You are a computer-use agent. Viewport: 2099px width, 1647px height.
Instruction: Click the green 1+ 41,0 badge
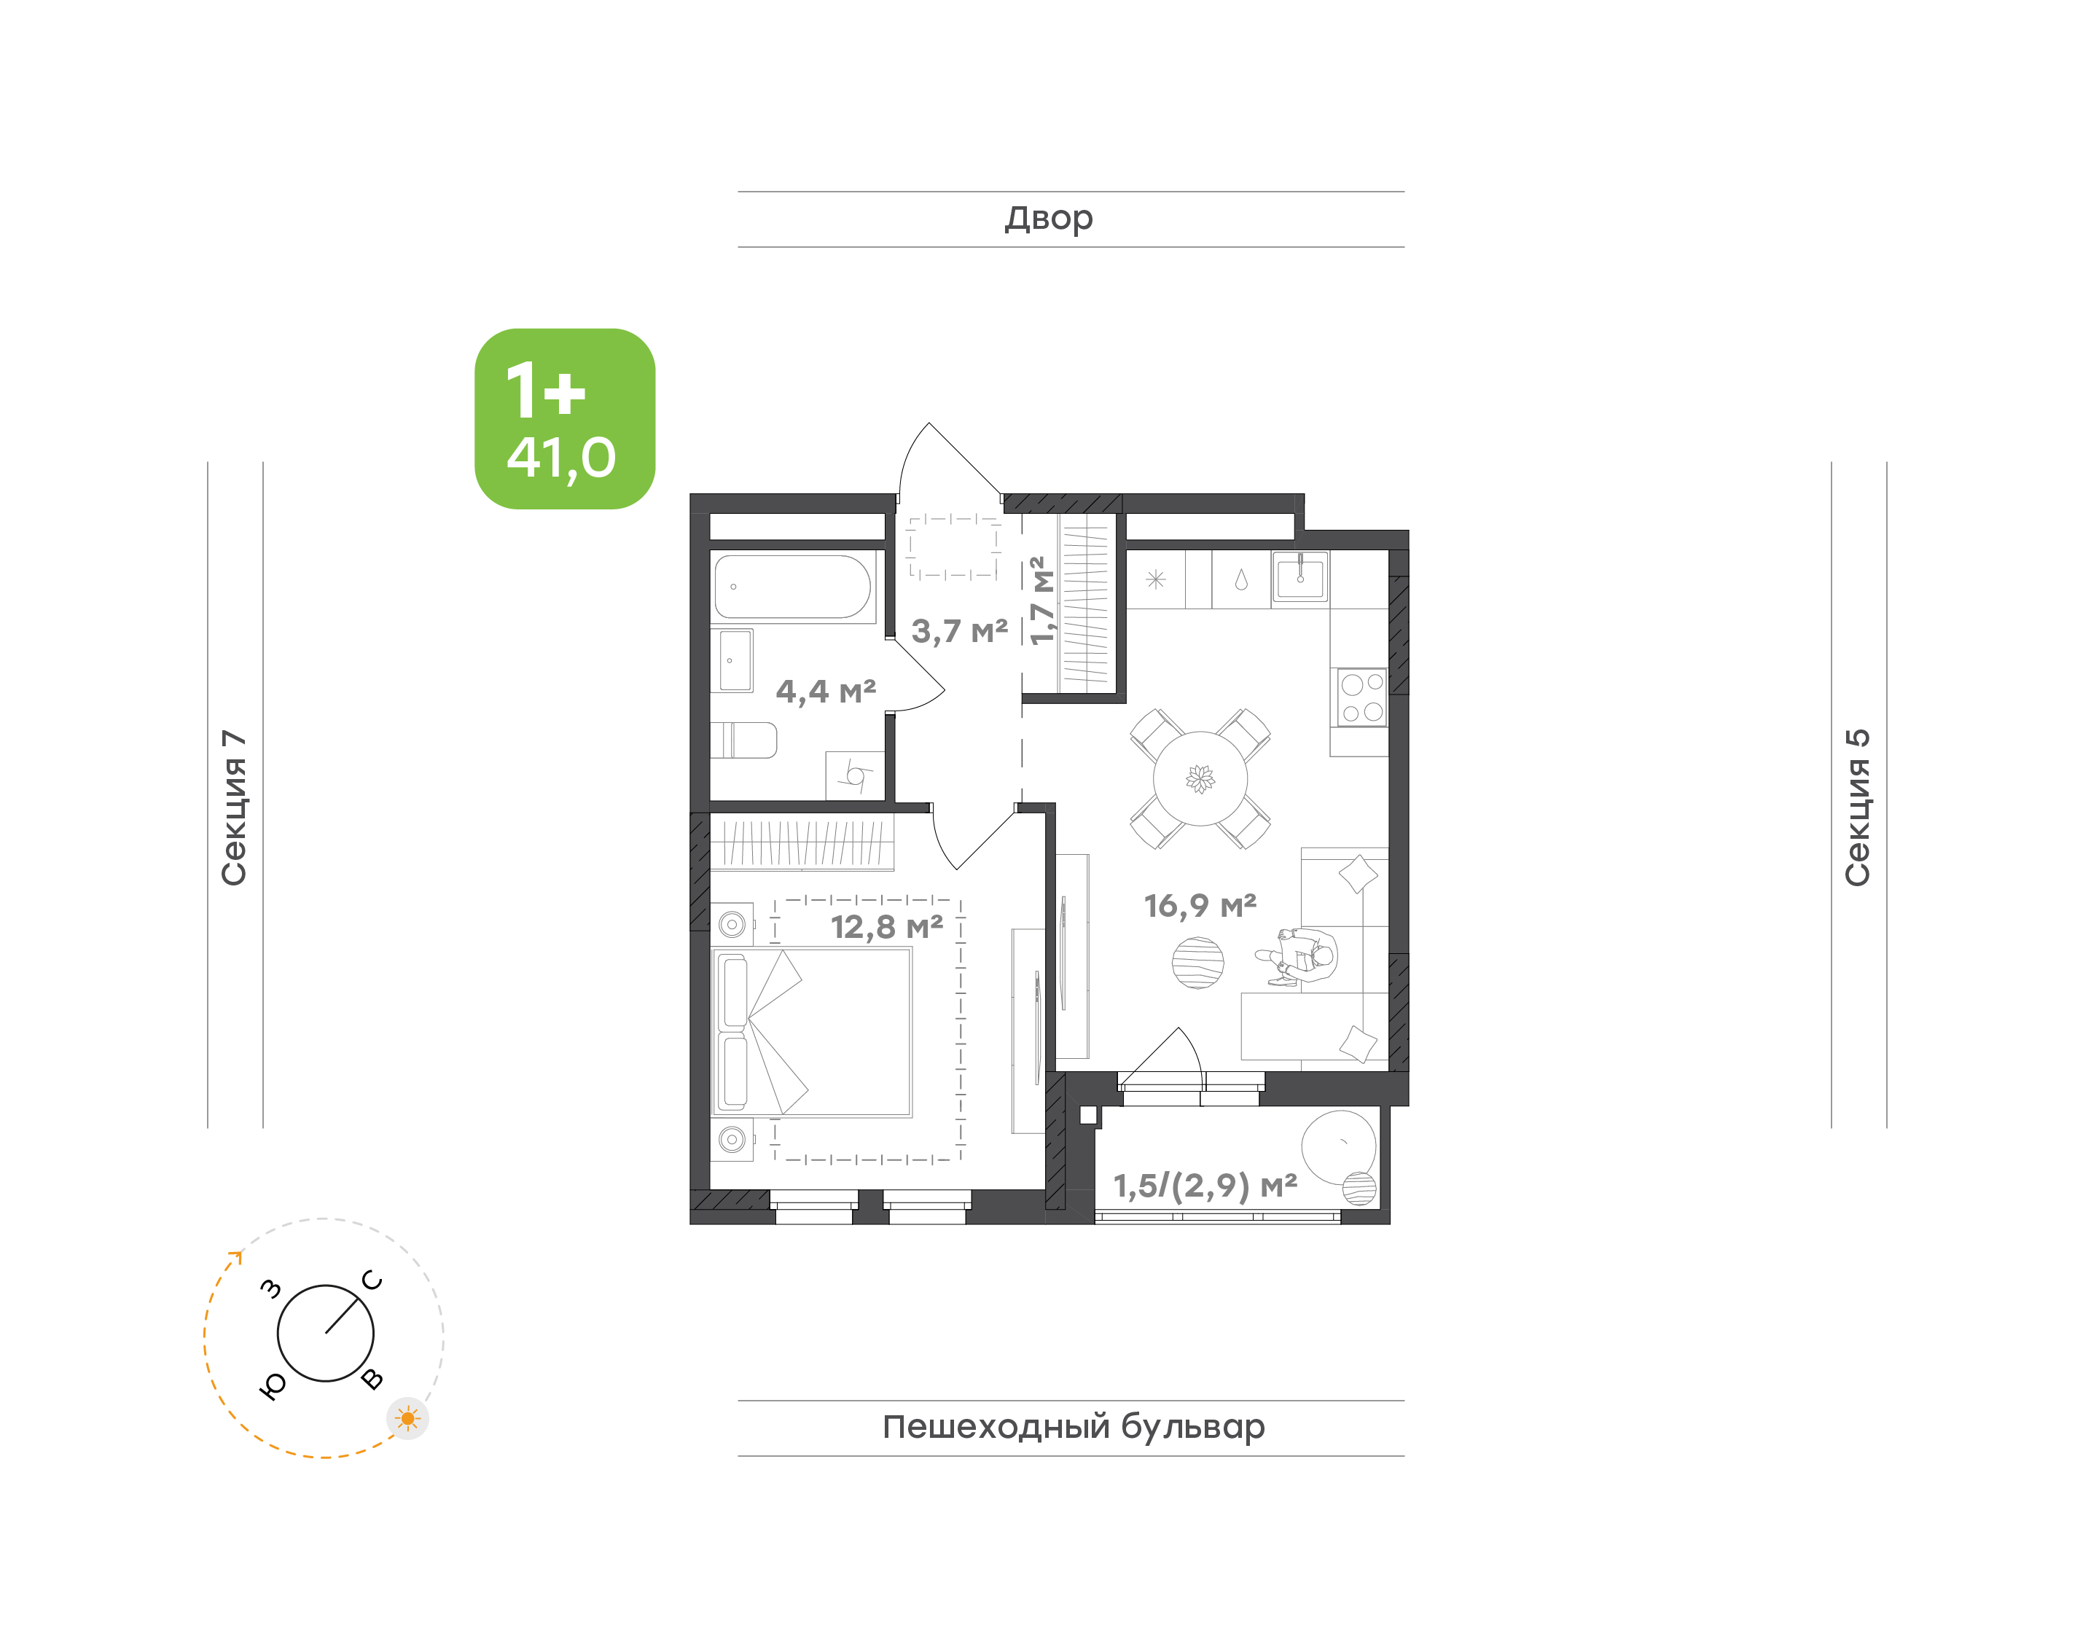564,418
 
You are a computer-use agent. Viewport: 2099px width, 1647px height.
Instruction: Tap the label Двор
1048,219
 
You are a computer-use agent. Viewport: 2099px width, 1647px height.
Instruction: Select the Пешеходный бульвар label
1073,1427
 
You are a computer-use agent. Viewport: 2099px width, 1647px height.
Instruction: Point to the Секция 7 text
234,807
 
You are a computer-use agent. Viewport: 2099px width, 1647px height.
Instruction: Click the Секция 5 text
1857,807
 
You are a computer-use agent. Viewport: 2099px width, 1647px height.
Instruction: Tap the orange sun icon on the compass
408,1418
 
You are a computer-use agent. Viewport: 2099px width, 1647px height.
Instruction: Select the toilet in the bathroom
743,740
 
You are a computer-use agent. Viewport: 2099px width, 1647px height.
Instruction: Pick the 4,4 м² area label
826,692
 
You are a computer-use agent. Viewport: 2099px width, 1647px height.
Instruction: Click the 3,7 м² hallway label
959,632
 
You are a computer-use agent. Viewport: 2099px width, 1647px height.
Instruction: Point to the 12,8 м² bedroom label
887,927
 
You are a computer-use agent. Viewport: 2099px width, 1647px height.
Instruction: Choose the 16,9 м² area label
1200,905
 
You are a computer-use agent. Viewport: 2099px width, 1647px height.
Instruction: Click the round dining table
1200,778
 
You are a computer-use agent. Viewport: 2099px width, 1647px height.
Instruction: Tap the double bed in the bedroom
812,1032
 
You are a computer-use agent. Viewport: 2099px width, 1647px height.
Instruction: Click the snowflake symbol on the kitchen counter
1156,579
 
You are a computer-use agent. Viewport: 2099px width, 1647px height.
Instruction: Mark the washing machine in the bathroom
855,775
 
